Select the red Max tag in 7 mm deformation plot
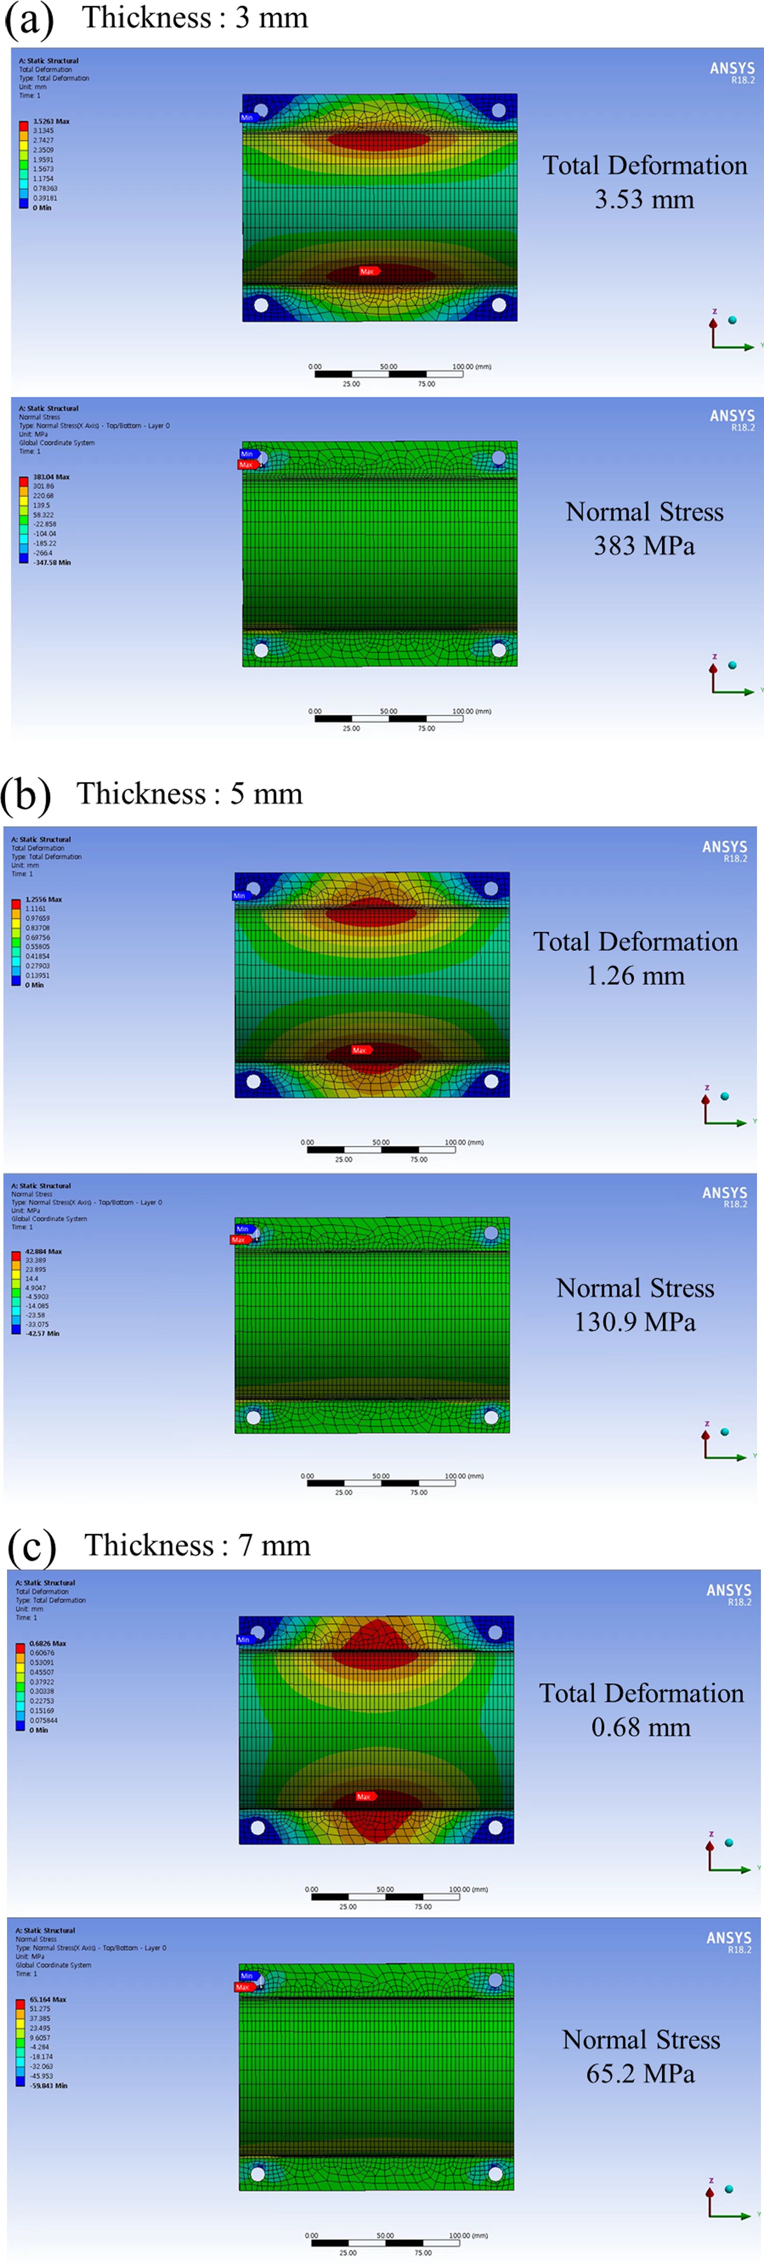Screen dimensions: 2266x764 (364, 1797)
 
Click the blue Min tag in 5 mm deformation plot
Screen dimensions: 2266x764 (239, 895)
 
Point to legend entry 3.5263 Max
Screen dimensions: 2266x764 (51, 122)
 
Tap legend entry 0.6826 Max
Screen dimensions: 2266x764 (48, 1643)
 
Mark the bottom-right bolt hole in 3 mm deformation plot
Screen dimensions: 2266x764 (499, 305)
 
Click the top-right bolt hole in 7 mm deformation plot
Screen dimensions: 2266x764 (495, 1632)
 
